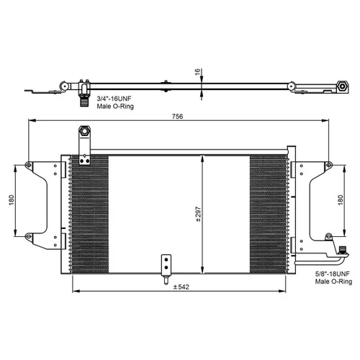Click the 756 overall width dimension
click(x=178, y=117)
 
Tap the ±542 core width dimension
click(x=181, y=287)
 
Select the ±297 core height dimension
click(x=198, y=214)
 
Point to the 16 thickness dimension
click(x=197, y=72)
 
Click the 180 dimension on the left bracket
click(x=12, y=200)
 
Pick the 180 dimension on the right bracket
click(x=341, y=200)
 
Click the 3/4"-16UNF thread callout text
click(x=114, y=99)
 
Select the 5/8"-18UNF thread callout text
click(x=333, y=274)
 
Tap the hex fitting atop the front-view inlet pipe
click(x=84, y=131)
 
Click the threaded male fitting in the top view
click(x=84, y=101)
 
